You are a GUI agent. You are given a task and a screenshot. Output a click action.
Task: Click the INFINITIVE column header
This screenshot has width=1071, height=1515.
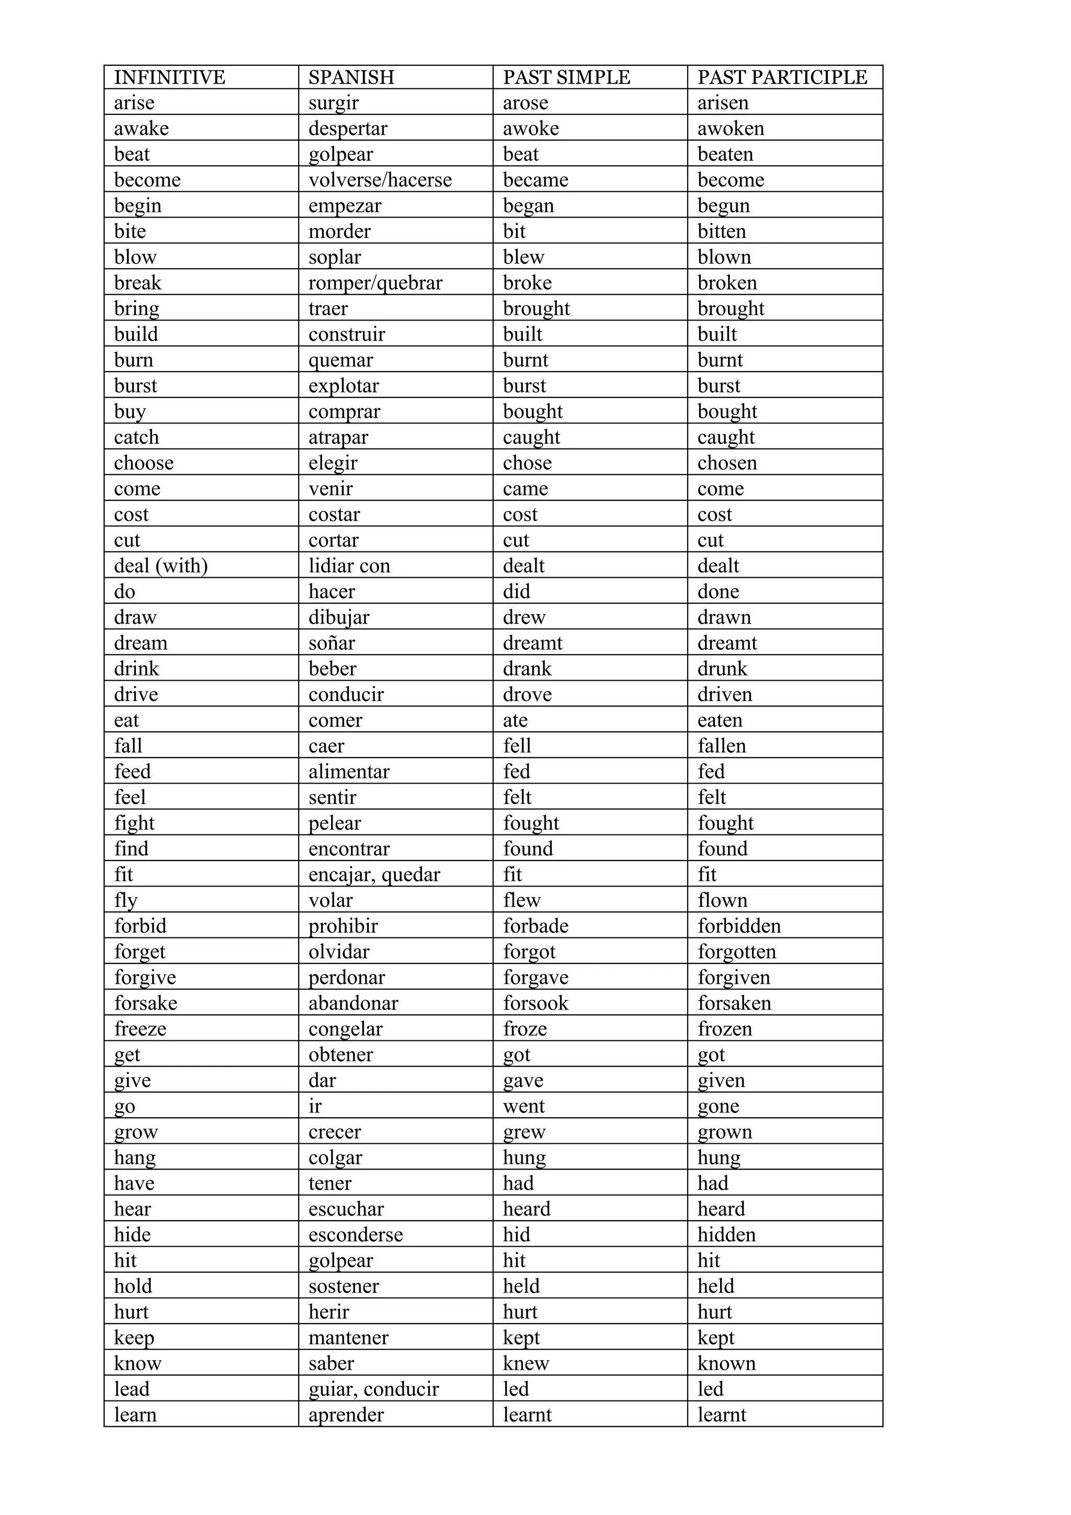click(x=169, y=77)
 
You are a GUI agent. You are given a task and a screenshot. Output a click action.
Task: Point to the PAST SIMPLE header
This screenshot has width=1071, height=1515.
click(x=566, y=77)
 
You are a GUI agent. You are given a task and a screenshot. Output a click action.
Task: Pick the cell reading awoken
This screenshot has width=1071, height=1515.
click(x=731, y=129)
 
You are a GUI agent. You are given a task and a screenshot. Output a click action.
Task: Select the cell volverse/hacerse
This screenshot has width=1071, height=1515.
click(x=380, y=180)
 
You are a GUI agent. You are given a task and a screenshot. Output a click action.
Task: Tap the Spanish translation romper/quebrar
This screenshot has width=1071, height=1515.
click(x=375, y=283)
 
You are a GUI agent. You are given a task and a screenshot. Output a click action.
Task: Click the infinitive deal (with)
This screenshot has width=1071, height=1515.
click(x=161, y=566)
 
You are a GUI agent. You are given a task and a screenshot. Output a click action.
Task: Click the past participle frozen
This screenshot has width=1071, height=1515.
click(x=725, y=1029)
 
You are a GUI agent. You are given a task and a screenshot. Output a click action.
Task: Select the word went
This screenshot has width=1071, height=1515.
click(x=524, y=1107)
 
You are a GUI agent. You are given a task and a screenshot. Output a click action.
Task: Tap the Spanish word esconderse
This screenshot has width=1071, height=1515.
click(x=356, y=1235)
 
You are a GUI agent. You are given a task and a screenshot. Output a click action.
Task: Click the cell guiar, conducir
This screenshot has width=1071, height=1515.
click(x=373, y=1390)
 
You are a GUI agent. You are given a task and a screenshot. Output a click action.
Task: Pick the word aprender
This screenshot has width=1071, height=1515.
click(x=346, y=1415)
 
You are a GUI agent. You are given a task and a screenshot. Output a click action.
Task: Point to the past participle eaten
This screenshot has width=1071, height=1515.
click(x=720, y=720)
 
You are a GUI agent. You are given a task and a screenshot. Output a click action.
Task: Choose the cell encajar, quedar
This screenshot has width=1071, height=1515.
click(x=374, y=875)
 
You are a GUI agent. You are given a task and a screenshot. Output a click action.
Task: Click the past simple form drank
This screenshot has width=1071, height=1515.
click(x=527, y=669)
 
